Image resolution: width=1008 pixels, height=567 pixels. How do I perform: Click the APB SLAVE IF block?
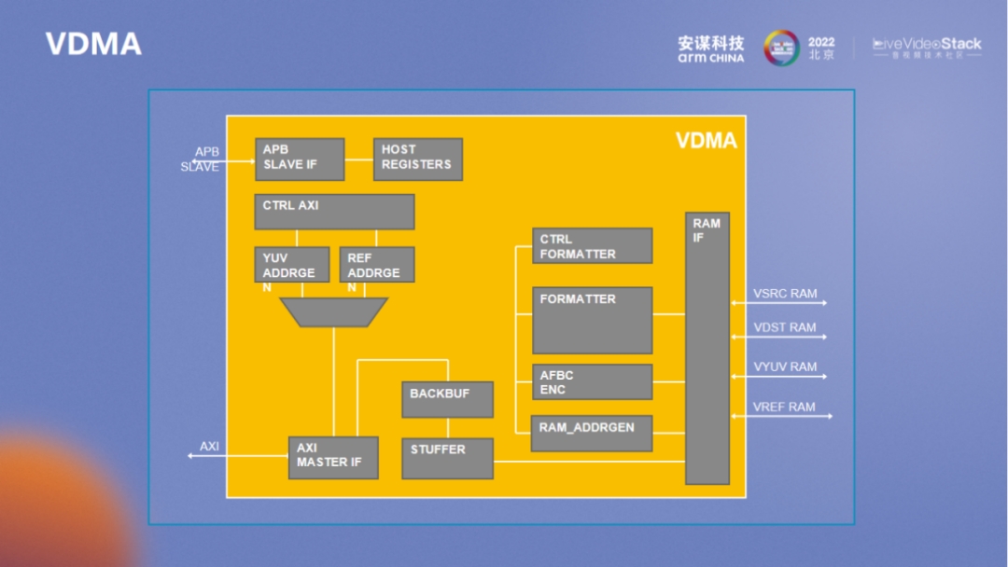tap(300, 159)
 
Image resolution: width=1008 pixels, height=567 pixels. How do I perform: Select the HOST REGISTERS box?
tap(417, 159)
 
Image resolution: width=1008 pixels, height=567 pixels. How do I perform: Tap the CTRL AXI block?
tap(334, 212)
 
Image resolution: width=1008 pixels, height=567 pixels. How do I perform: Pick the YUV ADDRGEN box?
tap(292, 265)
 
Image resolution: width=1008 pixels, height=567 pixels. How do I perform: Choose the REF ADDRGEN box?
tap(377, 265)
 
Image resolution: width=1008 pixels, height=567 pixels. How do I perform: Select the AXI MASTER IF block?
tap(333, 458)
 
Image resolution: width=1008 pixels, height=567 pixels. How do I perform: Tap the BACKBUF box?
tap(447, 399)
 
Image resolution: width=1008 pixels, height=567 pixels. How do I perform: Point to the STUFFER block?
tap(447, 458)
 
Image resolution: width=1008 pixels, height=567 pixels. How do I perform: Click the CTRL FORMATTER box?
tap(592, 246)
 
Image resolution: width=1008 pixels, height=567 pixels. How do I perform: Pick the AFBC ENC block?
tap(592, 381)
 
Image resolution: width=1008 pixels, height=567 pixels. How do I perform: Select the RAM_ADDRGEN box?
tap(592, 433)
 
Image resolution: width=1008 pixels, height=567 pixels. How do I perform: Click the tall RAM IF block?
tap(707, 348)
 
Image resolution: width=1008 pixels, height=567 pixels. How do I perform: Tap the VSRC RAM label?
tap(785, 294)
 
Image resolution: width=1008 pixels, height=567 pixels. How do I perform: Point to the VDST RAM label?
tap(784, 327)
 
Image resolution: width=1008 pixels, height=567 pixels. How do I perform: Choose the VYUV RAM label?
tap(785, 366)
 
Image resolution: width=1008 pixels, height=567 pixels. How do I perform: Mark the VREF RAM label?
tap(784, 407)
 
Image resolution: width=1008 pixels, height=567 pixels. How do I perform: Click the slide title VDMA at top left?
tap(93, 44)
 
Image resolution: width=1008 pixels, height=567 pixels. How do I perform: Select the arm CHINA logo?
tap(711, 49)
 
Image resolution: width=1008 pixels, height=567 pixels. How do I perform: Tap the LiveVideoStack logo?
tap(926, 48)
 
